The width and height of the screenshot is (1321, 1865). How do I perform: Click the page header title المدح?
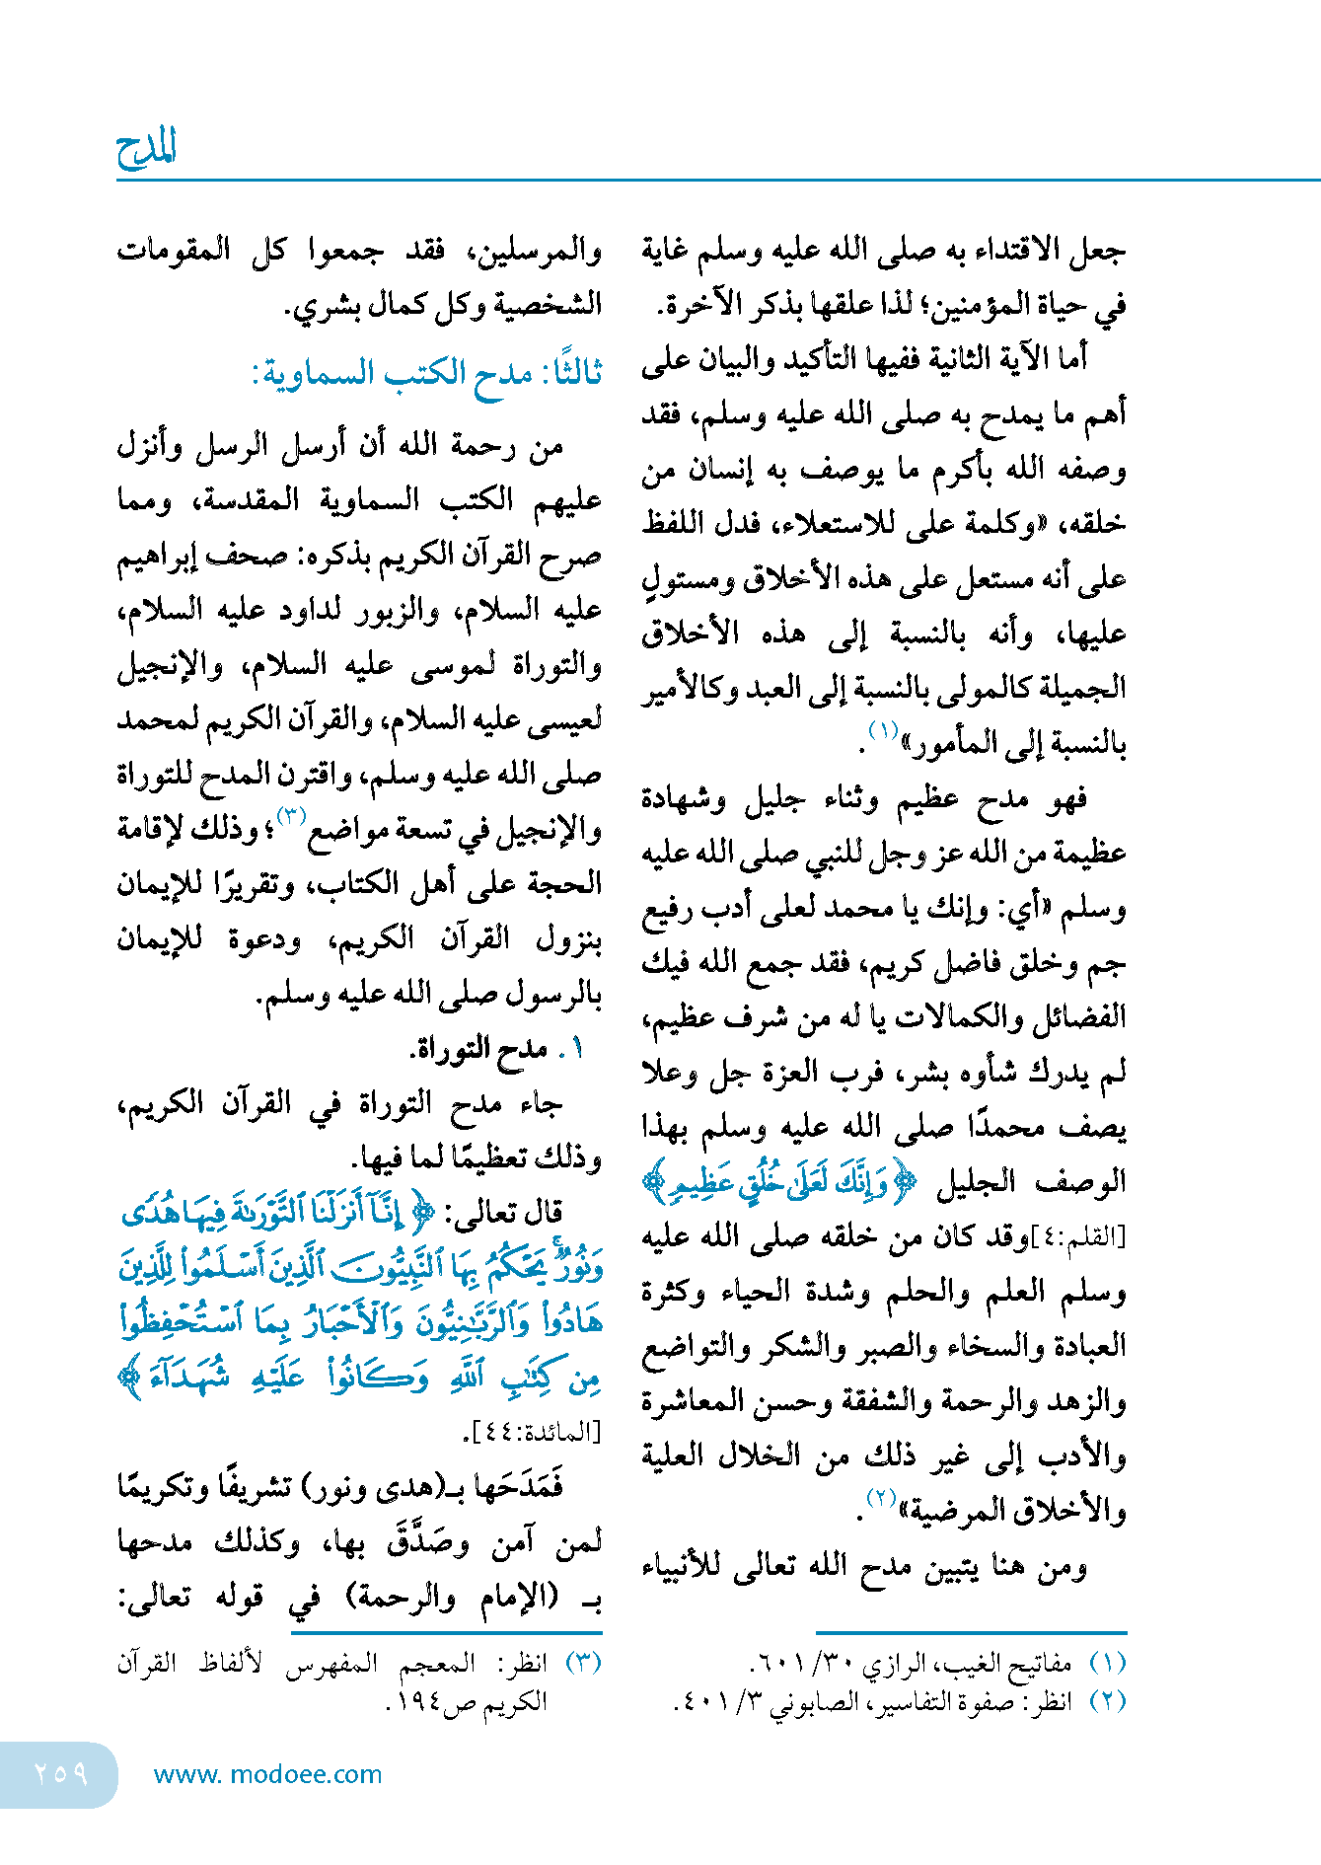146,148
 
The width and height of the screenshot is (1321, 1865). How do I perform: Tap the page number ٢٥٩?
60,1773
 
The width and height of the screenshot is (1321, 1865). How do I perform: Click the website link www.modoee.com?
267,1774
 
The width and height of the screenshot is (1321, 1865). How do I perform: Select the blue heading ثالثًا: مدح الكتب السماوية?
427,374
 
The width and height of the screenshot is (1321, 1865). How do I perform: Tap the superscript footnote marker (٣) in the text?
292,816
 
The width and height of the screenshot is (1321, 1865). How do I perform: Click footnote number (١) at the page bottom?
1108,1664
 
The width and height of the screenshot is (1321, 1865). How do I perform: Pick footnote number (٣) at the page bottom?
583,1664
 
